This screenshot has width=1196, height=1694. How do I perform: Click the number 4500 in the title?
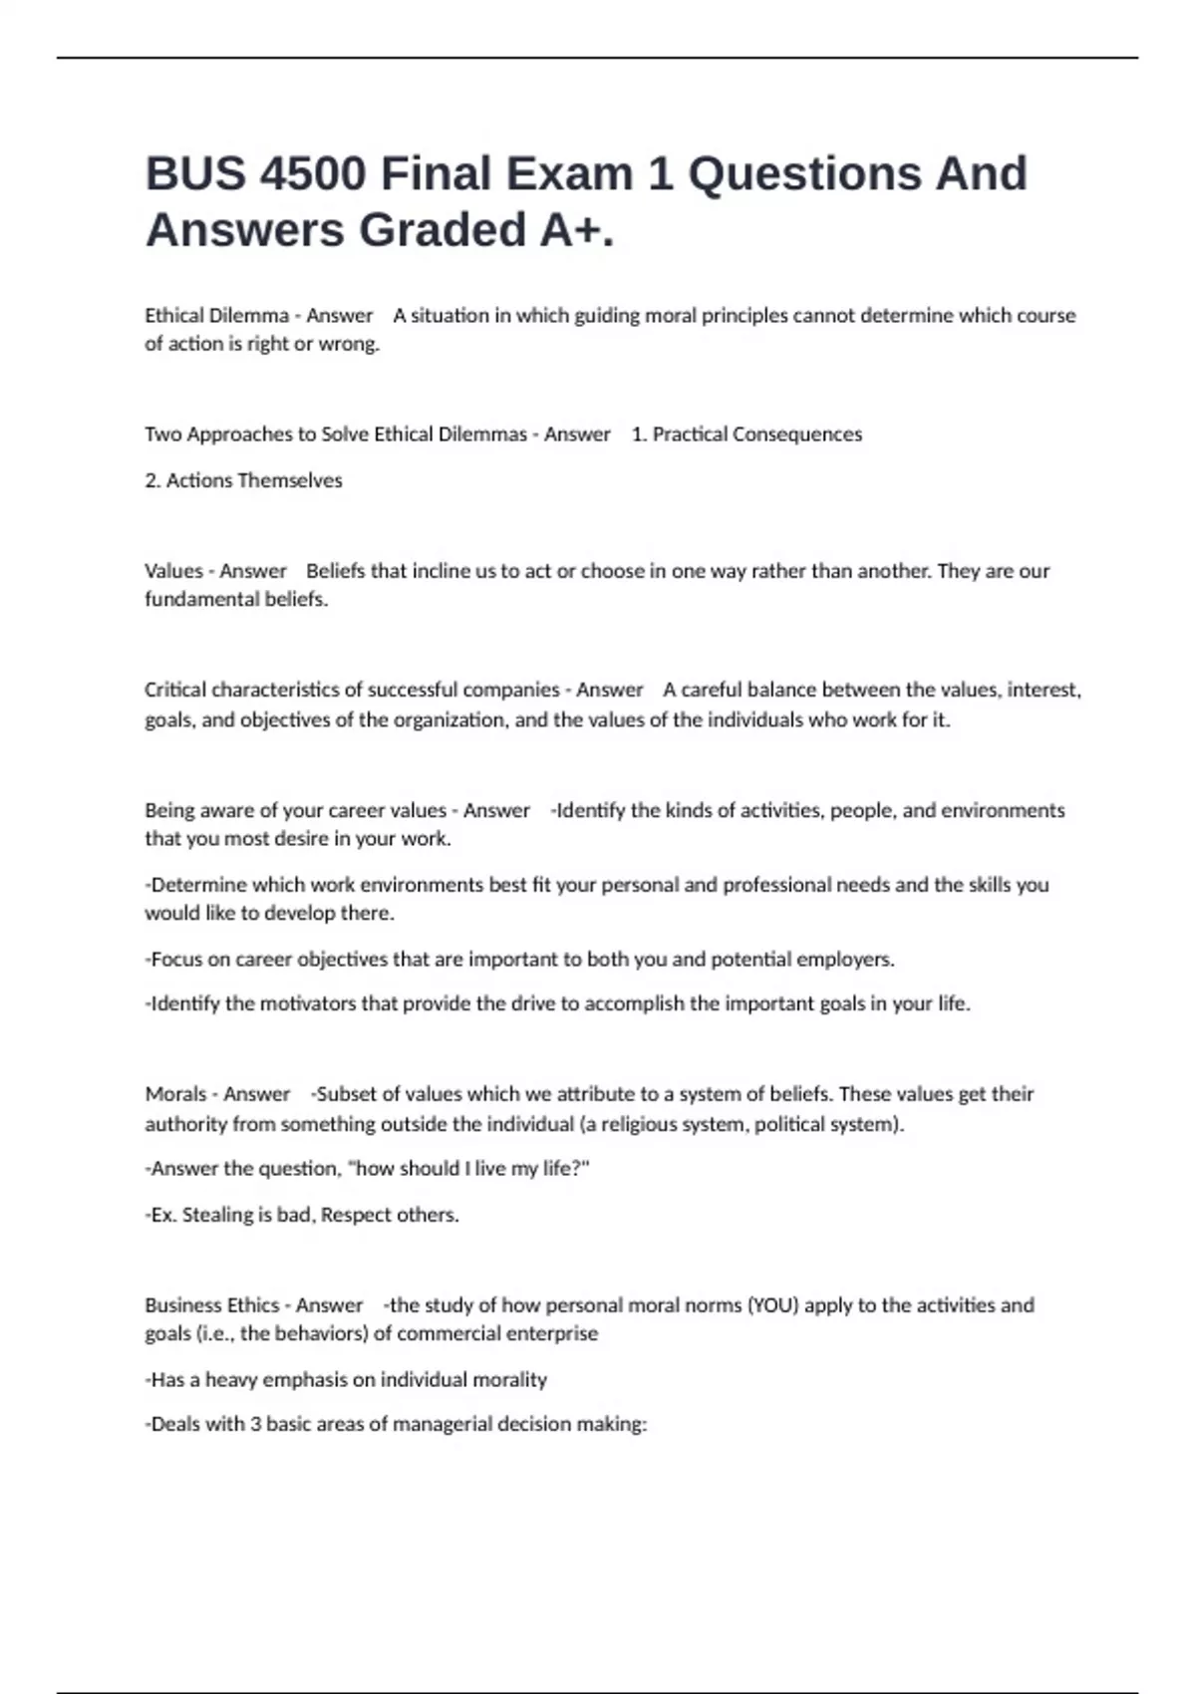[x=312, y=173]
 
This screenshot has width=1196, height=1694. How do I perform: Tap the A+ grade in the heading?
[x=577, y=230]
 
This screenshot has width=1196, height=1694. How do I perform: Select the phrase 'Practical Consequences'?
[x=757, y=434]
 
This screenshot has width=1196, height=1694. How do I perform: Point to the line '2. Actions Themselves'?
[x=243, y=480]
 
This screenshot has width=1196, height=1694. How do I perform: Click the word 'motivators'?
[x=308, y=1003]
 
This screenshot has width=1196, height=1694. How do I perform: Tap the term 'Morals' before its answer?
[x=175, y=1094]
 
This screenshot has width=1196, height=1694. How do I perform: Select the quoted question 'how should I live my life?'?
[x=467, y=1169]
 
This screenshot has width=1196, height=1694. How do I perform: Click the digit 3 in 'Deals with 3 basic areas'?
[x=255, y=1424]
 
